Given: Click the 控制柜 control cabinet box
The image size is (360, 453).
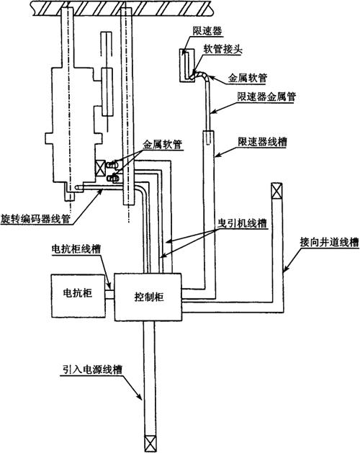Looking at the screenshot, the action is click(148, 297).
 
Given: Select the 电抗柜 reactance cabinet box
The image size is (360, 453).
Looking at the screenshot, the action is click(78, 295).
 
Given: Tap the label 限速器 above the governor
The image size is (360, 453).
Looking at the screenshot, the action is click(207, 31).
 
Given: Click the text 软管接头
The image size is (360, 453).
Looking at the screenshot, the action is click(223, 49).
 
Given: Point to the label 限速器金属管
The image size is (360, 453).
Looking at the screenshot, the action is click(266, 97).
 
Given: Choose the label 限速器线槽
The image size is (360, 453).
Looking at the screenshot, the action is click(262, 142).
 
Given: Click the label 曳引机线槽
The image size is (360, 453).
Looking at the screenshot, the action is click(241, 223).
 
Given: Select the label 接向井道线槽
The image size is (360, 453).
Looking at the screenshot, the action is click(329, 242).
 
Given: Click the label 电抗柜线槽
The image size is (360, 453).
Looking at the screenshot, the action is click(76, 248).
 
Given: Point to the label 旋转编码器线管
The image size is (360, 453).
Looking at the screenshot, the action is click(35, 219).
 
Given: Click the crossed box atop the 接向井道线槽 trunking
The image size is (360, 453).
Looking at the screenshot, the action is click(276, 191).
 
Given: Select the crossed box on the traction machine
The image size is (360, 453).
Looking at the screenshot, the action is click(100, 168).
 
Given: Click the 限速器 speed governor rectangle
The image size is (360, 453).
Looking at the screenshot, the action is click(187, 66).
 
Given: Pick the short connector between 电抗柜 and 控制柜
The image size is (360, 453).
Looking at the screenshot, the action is click(109, 295).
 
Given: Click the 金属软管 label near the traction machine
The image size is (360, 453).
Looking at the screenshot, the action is click(163, 144).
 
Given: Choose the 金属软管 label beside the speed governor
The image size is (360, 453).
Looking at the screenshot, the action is click(248, 78).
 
